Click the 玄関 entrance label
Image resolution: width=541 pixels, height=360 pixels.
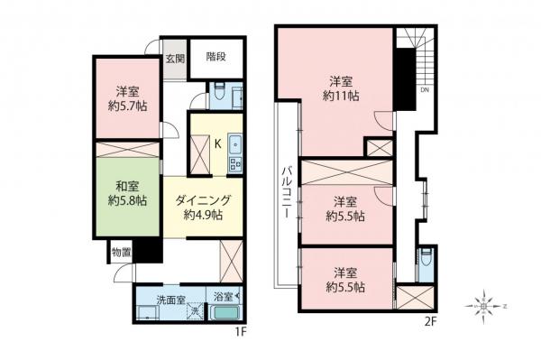coord(175,60)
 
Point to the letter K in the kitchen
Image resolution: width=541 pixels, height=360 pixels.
coord(217,142)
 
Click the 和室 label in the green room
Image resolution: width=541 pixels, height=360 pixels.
coord(125,187)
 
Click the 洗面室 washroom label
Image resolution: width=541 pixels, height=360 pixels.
coord(171,299)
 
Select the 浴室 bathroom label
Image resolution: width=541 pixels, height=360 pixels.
coord(224,296)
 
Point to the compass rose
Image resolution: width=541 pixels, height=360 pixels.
coord(487,308)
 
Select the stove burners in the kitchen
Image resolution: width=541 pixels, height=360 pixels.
coord(235,164)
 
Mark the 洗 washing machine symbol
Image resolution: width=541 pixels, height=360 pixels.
coord(194,312)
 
